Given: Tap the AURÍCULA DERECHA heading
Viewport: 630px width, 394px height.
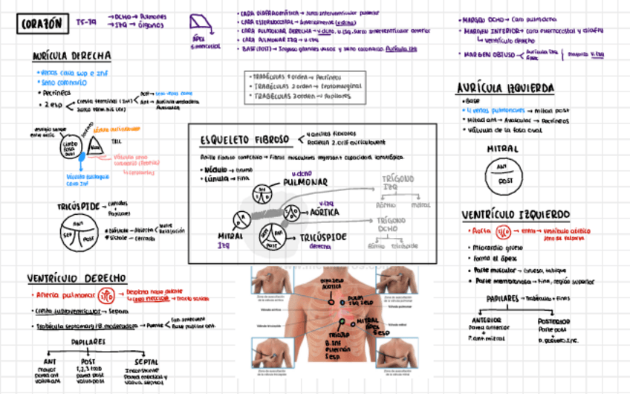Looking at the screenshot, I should [x=72, y=56].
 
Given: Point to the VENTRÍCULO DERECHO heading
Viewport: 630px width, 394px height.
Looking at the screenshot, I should [x=77, y=279].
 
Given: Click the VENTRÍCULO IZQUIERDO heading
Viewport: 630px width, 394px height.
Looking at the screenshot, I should [x=516, y=214].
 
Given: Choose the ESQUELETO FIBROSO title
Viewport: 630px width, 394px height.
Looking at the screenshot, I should [x=244, y=140].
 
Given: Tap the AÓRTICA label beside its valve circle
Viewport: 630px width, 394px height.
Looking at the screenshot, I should [x=324, y=212].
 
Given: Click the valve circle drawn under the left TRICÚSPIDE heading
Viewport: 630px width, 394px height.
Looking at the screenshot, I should [x=77, y=233].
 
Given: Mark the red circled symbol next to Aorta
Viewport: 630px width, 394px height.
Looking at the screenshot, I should [x=503, y=231].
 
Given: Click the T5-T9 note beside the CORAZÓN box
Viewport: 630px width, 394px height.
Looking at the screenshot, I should [x=86, y=22].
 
